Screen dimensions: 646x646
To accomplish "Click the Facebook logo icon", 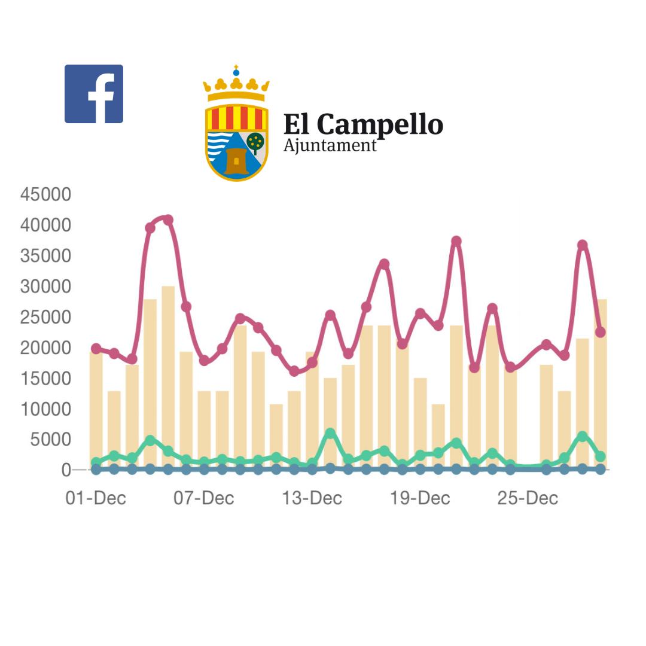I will [94, 94].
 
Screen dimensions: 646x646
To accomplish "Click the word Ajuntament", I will [330, 145].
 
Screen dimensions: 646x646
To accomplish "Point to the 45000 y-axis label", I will [45, 194].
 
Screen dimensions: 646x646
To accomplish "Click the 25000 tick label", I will [45, 317].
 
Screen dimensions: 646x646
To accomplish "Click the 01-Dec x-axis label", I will [96, 498].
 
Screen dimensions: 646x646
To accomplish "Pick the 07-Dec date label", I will [204, 498].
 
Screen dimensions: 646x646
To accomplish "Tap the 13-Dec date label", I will [312, 498].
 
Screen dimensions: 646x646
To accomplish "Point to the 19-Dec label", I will [420, 498].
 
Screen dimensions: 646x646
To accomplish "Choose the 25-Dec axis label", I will [528, 498].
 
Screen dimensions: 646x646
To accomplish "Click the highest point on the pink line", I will [168, 220].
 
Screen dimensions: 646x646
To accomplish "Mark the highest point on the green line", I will [330, 432].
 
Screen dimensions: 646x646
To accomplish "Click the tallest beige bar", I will [168, 377].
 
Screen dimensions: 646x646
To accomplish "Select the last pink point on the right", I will [601, 332].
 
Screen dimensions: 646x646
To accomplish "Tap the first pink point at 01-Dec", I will [96, 348].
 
